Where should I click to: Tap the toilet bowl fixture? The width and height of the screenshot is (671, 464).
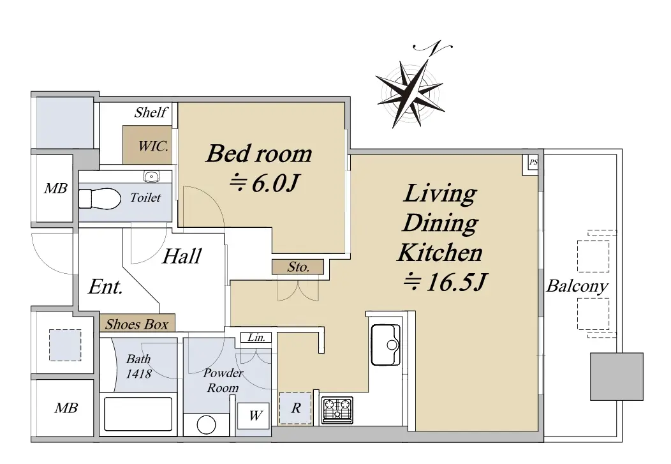(x=100, y=199)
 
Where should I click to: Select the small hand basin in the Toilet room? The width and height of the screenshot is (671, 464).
(x=151, y=176)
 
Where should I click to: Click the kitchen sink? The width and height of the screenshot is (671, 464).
(x=385, y=345)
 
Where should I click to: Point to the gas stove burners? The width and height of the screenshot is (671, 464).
(x=337, y=410)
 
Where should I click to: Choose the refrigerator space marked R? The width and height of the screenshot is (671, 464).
(x=295, y=408)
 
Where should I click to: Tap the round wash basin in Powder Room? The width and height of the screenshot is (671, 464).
(x=206, y=425)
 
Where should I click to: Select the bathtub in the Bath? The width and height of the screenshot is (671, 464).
(x=138, y=414)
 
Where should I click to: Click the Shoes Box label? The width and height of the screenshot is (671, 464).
(x=137, y=324)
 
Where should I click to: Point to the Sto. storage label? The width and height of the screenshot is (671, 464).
(x=299, y=267)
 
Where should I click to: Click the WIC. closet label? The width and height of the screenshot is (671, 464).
(x=153, y=146)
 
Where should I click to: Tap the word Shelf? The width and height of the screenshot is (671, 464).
(x=151, y=112)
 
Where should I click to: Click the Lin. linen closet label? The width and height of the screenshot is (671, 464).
(x=256, y=337)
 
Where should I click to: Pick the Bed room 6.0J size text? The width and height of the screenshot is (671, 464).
(x=264, y=184)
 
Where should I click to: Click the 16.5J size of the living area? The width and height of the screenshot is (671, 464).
(x=445, y=282)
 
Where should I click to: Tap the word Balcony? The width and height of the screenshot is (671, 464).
(x=577, y=286)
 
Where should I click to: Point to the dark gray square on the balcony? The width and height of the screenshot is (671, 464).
(x=617, y=377)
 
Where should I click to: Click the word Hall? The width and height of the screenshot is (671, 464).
(x=182, y=256)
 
